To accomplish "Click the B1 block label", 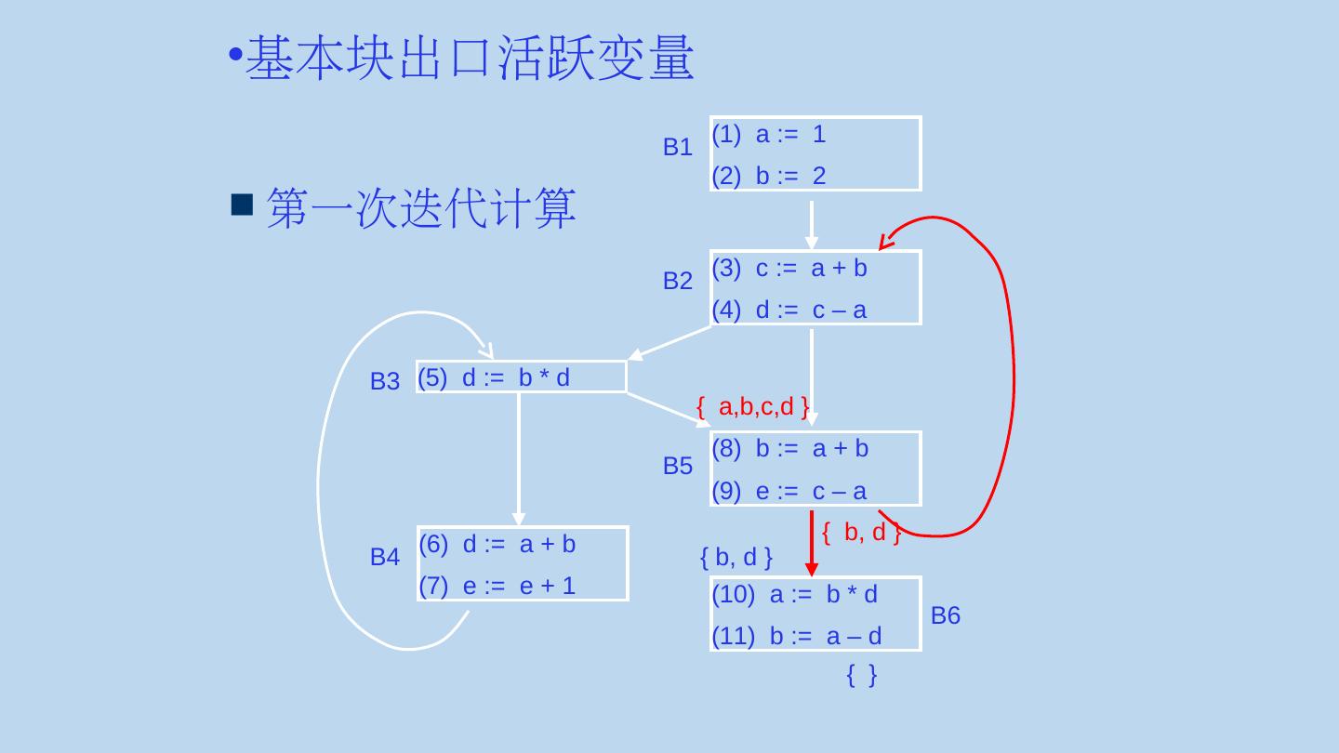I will (x=677, y=147).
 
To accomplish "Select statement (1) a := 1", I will (x=768, y=135).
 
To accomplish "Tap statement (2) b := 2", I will (x=768, y=176).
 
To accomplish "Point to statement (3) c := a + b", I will (x=789, y=269).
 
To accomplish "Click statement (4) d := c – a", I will (x=789, y=310).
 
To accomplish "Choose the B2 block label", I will (x=677, y=281).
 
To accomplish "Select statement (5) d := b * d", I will (x=494, y=376).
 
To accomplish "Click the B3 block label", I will (x=384, y=381).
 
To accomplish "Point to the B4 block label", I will (x=384, y=558).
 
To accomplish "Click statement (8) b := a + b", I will (x=789, y=449).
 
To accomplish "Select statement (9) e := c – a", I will (x=789, y=491).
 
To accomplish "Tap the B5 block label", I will (x=677, y=467).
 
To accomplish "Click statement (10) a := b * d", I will (x=794, y=595).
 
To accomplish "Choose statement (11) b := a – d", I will (x=796, y=636).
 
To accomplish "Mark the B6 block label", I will (x=945, y=615).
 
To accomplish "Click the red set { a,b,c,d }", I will (x=752, y=406).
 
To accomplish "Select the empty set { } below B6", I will (x=862, y=676).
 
